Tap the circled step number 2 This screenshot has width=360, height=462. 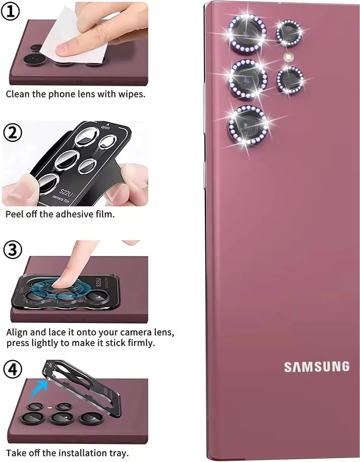pos(12,133)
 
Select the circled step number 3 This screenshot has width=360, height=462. pos(13,250)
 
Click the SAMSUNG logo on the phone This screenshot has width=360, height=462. pos(317,367)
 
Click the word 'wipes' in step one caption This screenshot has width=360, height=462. pos(131,94)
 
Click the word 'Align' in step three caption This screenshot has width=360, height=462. pos(17,333)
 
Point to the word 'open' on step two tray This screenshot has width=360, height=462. pos(106,127)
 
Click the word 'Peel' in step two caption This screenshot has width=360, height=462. pos(14,214)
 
